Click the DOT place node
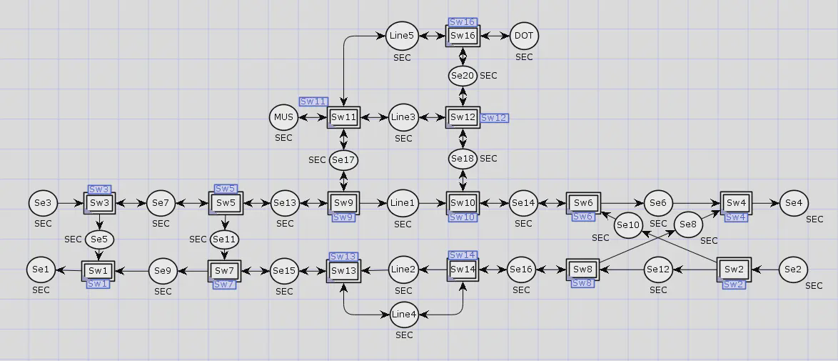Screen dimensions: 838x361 pyautogui.click(x=524, y=36)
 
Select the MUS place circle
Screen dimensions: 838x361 pyautogui.click(x=283, y=117)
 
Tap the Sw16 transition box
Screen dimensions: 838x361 pyautogui.click(x=463, y=36)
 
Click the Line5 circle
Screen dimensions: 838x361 pyautogui.click(x=401, y=36)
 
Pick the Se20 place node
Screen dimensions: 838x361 pyautogui.click(x=463, y=76)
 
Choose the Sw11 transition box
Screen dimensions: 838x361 pyautogui.click(x=343, y=117)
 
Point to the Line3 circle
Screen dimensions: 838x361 pyautogui.click(x=403, y=117)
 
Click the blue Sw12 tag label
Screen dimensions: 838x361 pyautogui.click(x=495, y=118)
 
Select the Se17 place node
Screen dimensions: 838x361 pyautogui.click(x=343, y=159)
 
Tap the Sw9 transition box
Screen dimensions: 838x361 pyautogui.click(x=343, y=203)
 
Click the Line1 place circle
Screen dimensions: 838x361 pyautogui.click(x=403, y=204)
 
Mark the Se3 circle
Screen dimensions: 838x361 pyautogui.click(x=43, y=203)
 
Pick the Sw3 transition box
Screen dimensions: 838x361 pyautogui.click(x=99, y=203)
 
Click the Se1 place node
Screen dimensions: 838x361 pyautogui.click(x=41, y=269)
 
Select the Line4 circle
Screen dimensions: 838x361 pyautogui.click(x=403, y=315)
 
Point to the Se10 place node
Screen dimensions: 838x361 pyautogui.click(x=628, y=225)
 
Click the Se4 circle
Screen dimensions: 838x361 pyautogui.click(x=794, y=203)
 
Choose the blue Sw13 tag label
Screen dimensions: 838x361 pyautogui.click(x=343, y=257)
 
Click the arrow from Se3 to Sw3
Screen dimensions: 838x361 pyautogui.click(x=71, y=204)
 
